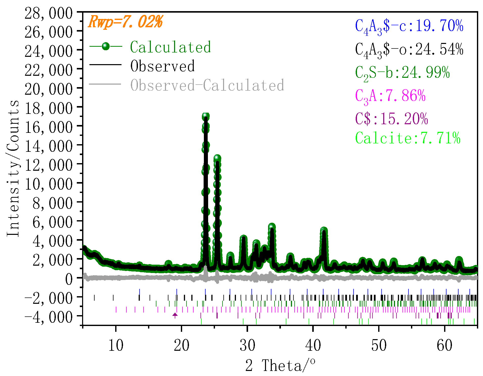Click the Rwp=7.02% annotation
(126, 22)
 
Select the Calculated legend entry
(170, 47)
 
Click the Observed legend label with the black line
(162, 66)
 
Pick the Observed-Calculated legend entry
(207, 85)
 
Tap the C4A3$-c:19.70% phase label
(409, 26)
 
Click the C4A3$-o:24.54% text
(409, 49)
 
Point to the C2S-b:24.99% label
(402, 73)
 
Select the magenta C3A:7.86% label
(390, 96)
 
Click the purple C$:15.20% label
(392, 119)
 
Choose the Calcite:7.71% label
(408, 138)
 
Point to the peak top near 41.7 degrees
(324, 230)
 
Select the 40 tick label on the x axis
(313, 345)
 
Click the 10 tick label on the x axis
(116, 345)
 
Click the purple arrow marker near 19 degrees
(175, 315)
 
